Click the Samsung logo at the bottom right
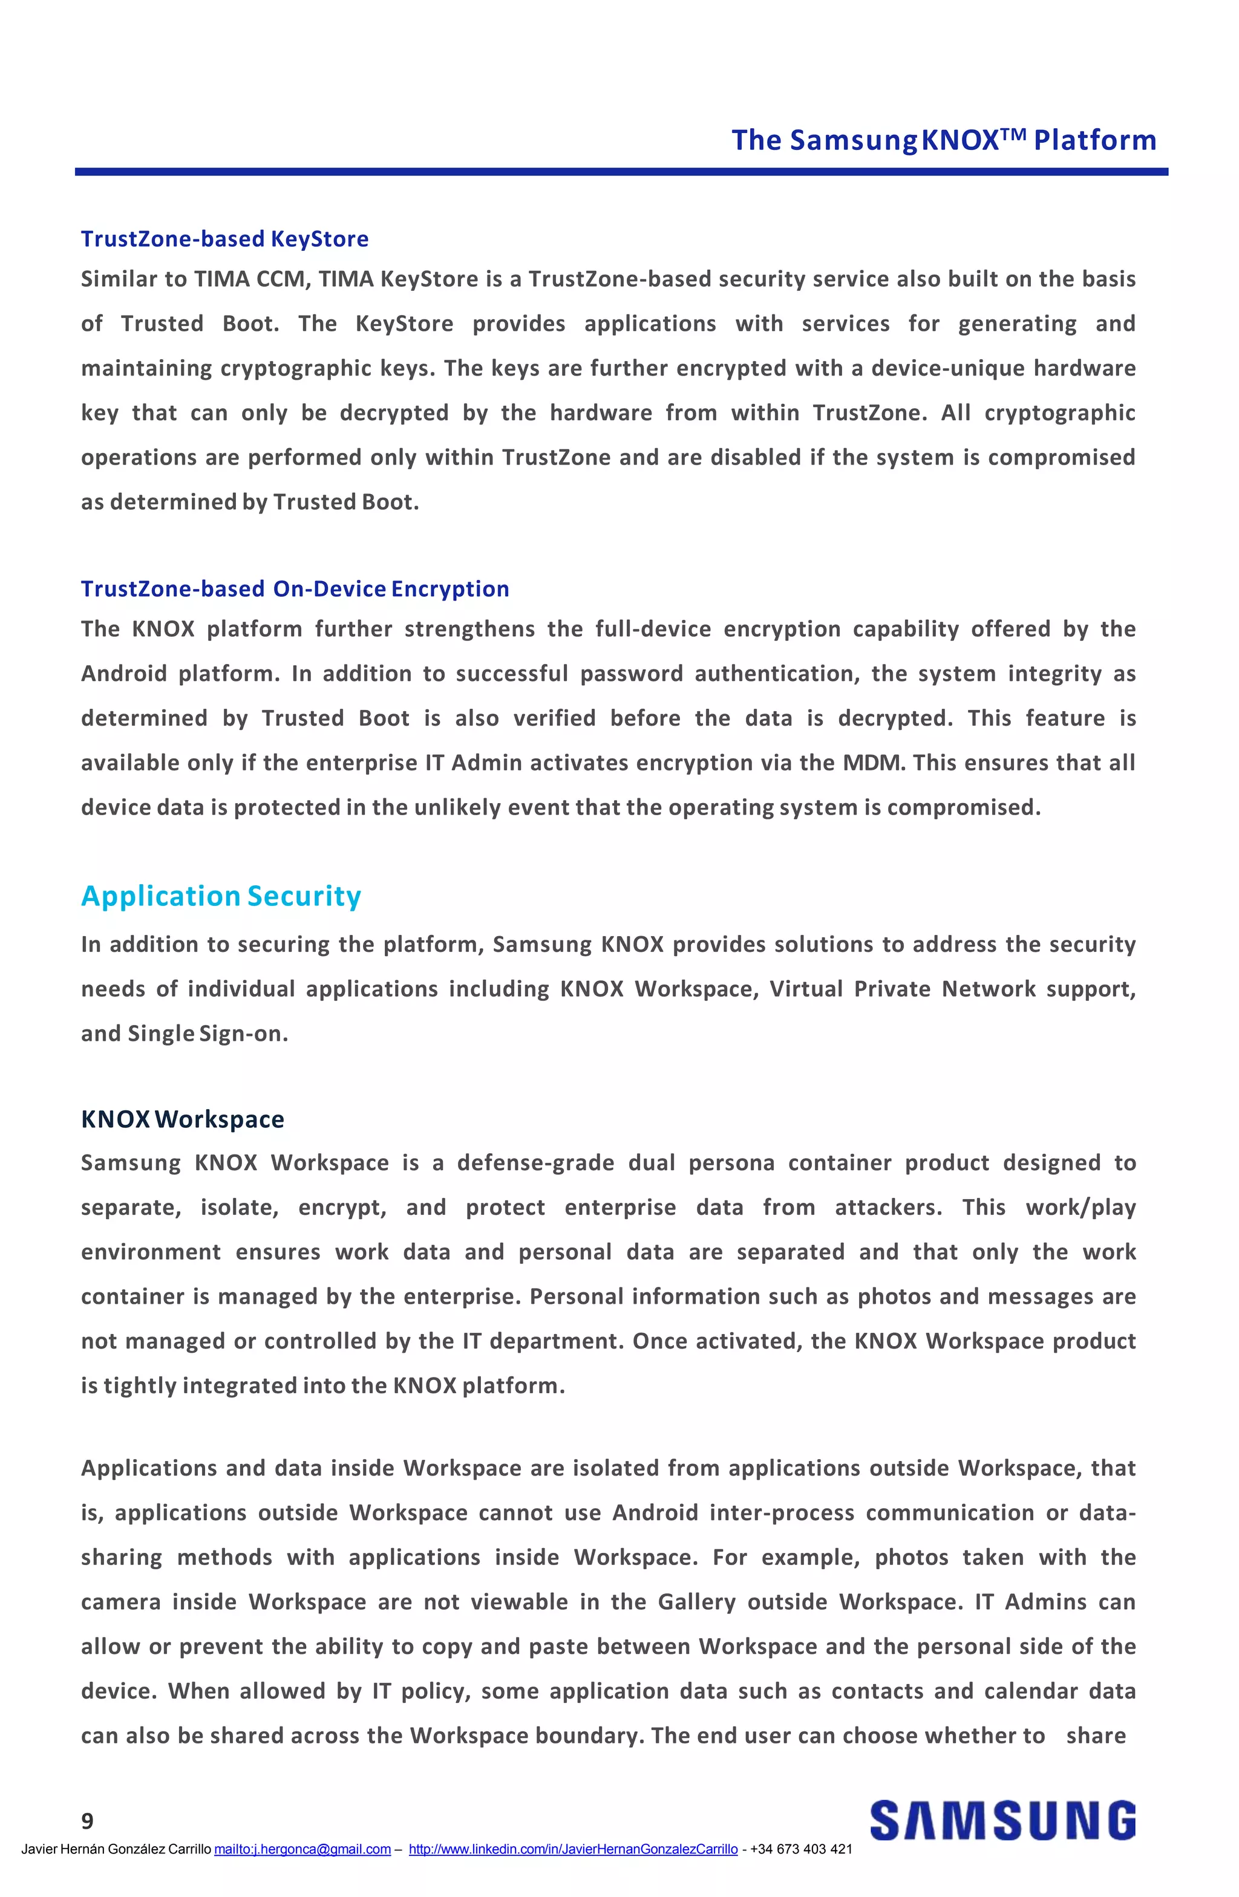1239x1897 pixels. point(1002,1821)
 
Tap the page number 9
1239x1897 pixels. point(88,1821)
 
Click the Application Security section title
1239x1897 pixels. point(221,896)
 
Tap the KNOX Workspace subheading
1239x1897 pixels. point(183,1119)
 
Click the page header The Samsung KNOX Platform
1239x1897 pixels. point(943,140)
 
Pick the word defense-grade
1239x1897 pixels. point(535,1163)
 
